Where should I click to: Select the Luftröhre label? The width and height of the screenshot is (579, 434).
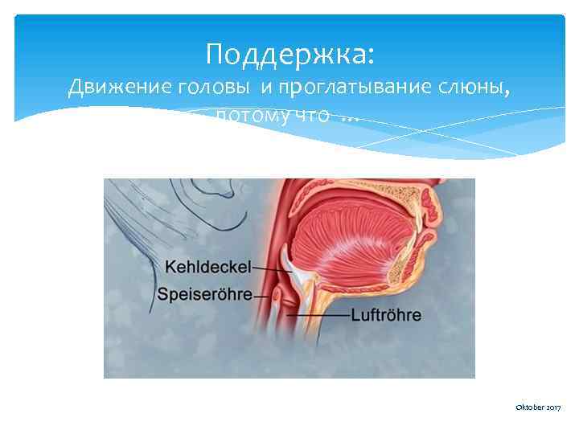[x=385, y=315]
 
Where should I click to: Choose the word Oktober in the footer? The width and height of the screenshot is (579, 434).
[x=529, y=409]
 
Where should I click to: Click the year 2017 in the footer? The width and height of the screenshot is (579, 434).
[x=553, y=409]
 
